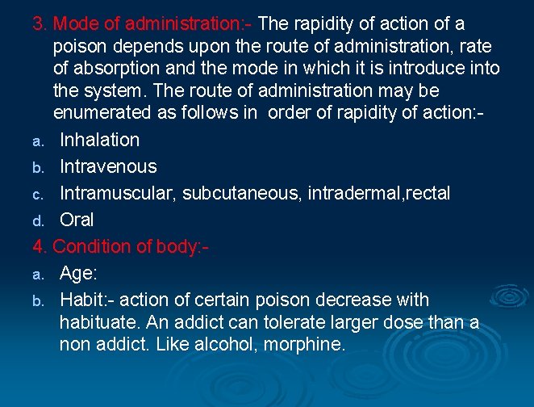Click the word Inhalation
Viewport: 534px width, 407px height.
click(99, 140)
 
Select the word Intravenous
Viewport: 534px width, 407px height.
click(108, 166)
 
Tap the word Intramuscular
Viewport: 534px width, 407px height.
click(116, 193)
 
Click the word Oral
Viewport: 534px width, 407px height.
click(77, 220)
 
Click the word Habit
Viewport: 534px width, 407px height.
click(80, 300)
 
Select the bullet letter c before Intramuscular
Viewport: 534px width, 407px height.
click(37, 195)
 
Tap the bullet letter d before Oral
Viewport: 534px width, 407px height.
click(37, 220)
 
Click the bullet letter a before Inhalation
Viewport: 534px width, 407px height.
click(37, 141)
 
